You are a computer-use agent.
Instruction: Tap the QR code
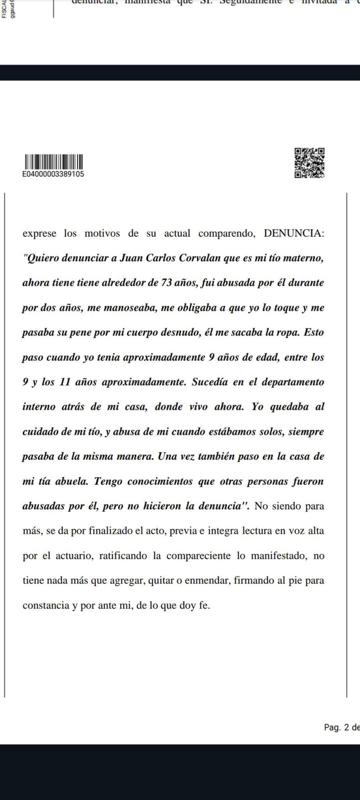310,162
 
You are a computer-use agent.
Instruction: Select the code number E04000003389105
53,174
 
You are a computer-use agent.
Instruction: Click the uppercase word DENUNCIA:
294,233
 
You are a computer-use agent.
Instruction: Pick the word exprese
39,233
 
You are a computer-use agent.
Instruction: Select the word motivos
102,233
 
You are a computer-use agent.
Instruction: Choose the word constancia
46,605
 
